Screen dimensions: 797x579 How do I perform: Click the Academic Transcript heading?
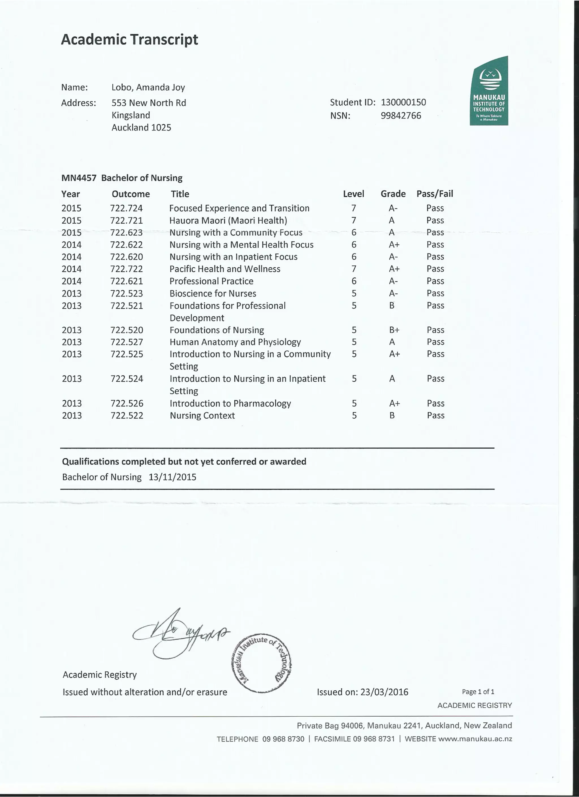[129, 40]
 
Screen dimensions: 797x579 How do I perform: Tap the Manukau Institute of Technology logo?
[489, 91]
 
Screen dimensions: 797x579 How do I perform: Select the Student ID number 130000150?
[403, 102]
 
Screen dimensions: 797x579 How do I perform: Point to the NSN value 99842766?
[401, 116]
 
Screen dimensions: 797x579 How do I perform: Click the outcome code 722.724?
[126, 209]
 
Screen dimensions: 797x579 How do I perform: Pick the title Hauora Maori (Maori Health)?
[228, 221]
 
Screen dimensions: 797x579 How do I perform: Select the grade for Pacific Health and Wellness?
[394, 269]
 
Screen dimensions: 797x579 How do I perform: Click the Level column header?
[353, 194]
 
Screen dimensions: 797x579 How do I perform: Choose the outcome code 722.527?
[126, 342]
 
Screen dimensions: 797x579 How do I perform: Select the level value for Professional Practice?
[354, 281]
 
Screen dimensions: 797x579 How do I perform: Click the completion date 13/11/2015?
[172, 477]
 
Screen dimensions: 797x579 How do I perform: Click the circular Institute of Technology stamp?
[262, 663]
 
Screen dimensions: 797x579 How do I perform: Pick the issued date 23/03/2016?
[384, 692]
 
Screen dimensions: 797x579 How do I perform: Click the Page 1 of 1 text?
[478, 691]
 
